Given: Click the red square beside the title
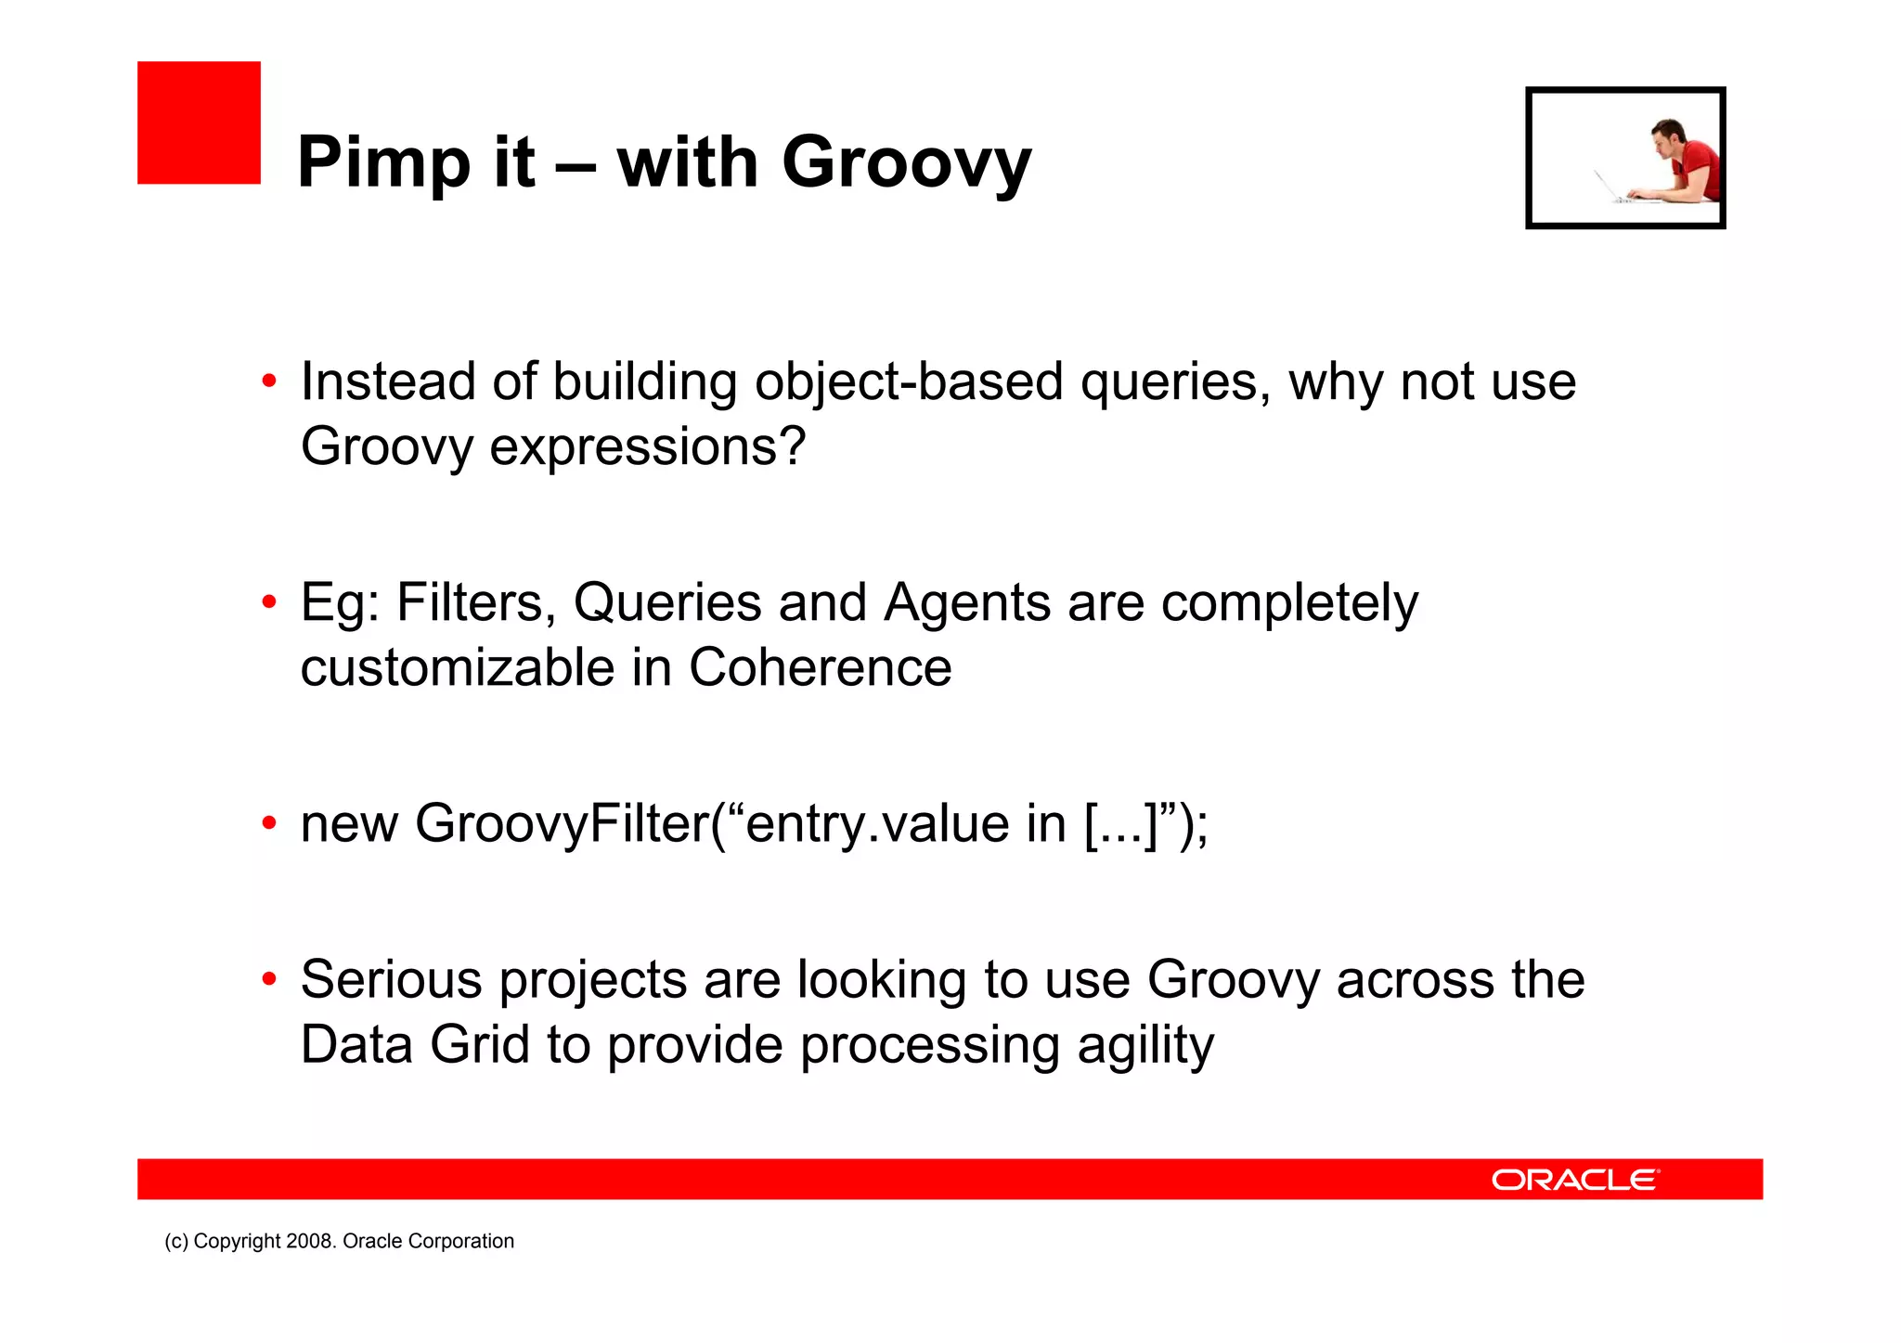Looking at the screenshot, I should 199,123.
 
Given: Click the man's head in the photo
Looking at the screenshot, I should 1668,136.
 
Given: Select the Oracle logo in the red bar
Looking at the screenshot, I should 1574,1180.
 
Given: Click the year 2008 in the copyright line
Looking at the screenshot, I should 311,1241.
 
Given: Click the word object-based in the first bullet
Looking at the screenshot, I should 908,382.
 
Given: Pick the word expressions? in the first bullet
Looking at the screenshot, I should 647,447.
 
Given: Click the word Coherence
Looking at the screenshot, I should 820,667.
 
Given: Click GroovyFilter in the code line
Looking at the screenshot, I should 562,823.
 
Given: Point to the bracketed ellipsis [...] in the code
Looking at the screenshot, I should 1122,823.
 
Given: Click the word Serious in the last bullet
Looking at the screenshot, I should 391,979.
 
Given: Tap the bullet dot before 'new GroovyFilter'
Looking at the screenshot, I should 269,823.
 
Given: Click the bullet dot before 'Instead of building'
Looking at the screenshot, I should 269,381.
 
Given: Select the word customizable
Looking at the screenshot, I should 457,667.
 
